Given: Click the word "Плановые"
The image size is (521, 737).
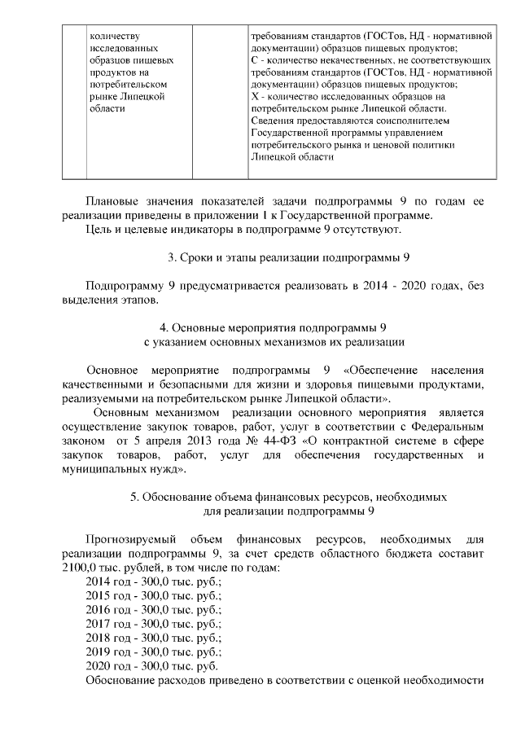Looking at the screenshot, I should click(112, 201).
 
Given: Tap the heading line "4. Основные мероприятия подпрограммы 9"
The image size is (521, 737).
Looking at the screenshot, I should click(278, 328).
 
